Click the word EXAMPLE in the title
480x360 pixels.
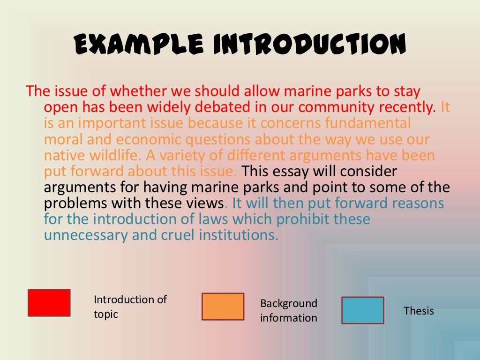click(x=139, y=44)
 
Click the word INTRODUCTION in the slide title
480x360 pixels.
click(x=309, y=44)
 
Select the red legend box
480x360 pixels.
click(x=49, y=303)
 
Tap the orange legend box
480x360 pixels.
click(x=223, y=307)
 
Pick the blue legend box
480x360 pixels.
click(x=363, y=310)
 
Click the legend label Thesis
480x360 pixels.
click(x=419, y=311)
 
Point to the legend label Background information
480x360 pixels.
click(x=289, y=310)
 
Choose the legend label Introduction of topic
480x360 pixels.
click(x=130, y=307)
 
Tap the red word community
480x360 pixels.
click(x=336, y=107)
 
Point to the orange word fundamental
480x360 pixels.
click(x=367, y=123)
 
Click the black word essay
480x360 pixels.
click(x=290, y=172)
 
